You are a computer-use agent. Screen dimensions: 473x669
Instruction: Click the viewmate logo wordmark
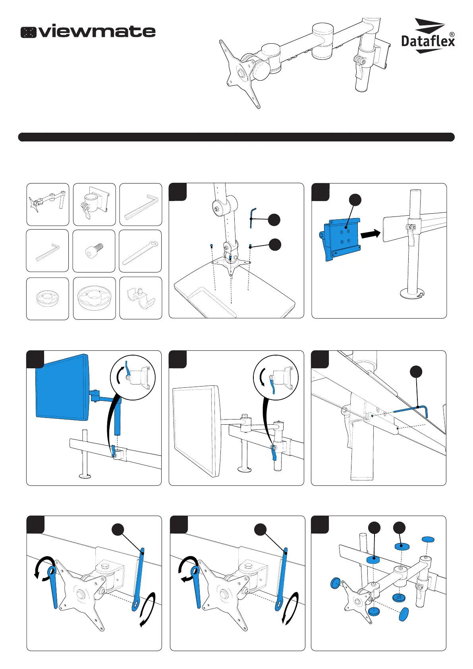coord(88,31)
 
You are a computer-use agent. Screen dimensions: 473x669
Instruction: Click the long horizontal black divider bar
coord(236,137)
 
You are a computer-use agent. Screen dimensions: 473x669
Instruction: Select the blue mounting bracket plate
coord(341,240)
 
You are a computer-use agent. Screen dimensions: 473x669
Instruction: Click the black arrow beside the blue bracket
coord(371,234)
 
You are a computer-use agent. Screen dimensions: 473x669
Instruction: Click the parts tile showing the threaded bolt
coord(94,251)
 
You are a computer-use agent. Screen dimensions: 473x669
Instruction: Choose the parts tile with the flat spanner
coord(140,251)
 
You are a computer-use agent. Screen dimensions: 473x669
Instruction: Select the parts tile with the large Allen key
coord(141,204)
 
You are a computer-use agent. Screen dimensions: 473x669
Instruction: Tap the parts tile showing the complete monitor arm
coord(48,204)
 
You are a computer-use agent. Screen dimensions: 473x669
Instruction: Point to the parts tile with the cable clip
coord(141,298)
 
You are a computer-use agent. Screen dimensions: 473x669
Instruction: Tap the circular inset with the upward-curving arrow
coord(133,377)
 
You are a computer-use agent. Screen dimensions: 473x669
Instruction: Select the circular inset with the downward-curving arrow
coord(276,377)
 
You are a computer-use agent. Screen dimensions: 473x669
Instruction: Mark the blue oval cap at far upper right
coord(428,539)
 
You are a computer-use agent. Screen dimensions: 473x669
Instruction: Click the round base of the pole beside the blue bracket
coord(413,293)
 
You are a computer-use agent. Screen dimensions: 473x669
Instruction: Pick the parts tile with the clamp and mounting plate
coord(95,204)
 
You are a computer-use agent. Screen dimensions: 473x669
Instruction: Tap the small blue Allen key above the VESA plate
coord(253,218)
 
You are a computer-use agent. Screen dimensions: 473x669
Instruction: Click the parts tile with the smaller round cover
coord(48,299)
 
